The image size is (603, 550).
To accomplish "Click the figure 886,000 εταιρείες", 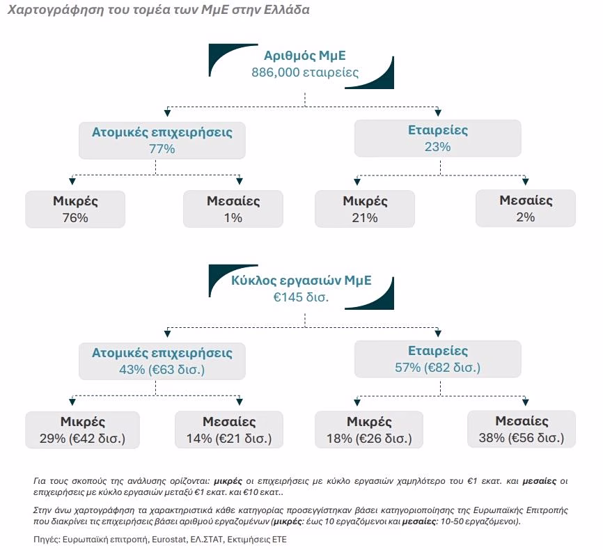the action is click(305, 72).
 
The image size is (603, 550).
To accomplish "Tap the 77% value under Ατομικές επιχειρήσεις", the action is click(162, 149).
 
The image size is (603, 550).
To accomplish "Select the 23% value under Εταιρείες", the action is click(438, 146).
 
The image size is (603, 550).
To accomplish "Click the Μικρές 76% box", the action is click(75, 210).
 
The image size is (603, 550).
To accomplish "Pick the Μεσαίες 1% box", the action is click(233, 210).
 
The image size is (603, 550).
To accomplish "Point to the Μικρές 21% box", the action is click(365, 209).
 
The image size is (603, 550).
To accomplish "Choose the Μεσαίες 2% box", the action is click(526, 208).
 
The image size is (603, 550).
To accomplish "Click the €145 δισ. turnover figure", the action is click(301, 297).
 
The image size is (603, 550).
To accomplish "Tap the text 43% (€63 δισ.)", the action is click(162, 370).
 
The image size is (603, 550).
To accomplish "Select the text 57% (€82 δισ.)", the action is click(438, 368).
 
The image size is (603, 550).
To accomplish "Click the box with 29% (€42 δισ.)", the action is click(83, 430).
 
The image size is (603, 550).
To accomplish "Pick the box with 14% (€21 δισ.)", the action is click(229, 430).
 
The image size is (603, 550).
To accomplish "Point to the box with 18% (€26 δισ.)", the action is click(369, 430).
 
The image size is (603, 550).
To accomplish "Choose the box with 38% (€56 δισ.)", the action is click(522, 429).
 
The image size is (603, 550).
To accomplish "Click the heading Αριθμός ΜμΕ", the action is click(304, 56).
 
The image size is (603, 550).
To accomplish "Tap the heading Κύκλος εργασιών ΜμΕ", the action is click(301, 281).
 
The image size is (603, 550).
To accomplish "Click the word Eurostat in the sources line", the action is click(169, 540).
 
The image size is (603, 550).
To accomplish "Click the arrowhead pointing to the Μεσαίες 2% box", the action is click(526, 182).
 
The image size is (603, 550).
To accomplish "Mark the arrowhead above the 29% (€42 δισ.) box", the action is click(72, 402).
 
